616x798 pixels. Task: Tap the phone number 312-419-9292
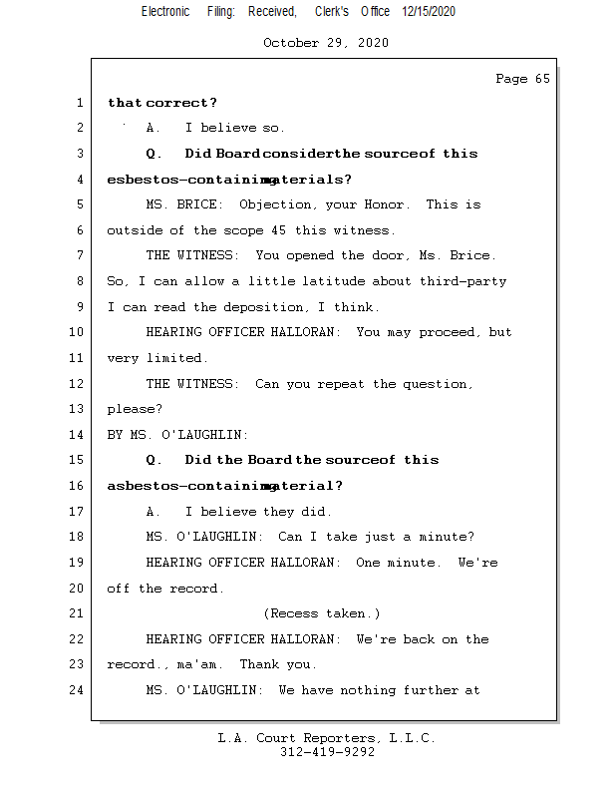click(x=327, y=752)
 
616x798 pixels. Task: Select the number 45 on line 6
click(x=301, y=230)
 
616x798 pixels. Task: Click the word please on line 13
click(x=131, y=409)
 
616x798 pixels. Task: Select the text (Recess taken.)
click(x=322, y=613)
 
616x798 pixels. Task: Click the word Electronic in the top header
click(x=165, y=11)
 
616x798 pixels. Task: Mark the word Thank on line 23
click(x=259, y=664)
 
